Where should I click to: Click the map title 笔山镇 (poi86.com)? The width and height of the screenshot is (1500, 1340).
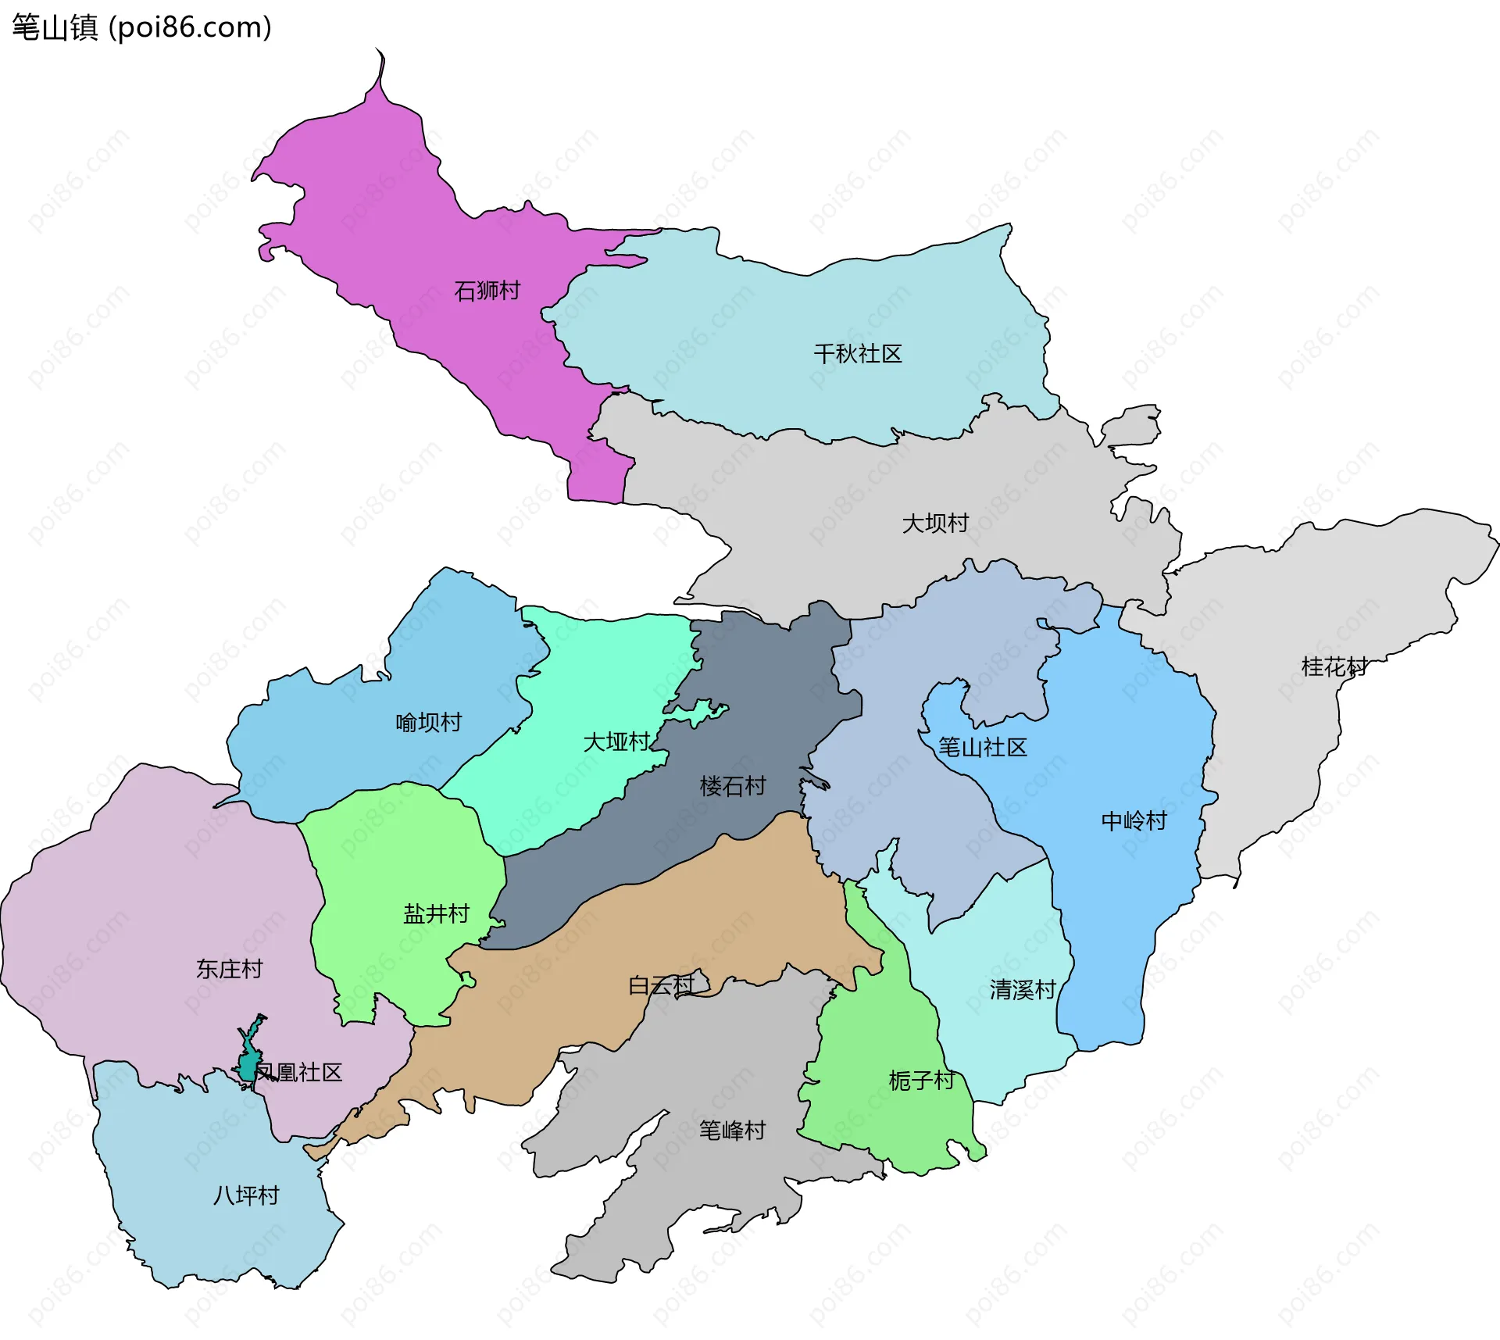[x=141, y=27]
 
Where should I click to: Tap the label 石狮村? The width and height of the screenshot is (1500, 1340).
[x=487, y=291]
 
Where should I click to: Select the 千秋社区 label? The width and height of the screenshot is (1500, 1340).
[x=857, y=354]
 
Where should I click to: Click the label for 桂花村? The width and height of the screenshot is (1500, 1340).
[x=1334, y=666]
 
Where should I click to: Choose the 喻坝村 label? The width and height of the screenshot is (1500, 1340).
[x=428, y=722]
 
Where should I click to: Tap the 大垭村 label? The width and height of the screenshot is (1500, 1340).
[x=616, y=741]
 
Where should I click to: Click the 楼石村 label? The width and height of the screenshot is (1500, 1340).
[x=732, y=786]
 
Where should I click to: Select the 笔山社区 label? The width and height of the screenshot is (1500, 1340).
[x=982, y=748]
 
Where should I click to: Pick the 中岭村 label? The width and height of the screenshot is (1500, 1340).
[x=1133, y=820]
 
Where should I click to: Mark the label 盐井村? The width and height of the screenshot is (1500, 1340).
[x=436, y=913]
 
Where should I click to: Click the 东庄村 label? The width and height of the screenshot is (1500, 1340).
[x=229, y=969]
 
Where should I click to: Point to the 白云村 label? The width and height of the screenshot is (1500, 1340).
[x=661, y=985]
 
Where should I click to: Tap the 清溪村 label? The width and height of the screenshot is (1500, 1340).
[x=1022, y=990]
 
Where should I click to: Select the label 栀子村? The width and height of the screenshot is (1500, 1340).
[x=921, y=1081]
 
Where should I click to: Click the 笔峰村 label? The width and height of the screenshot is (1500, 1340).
[x=732, y=1130]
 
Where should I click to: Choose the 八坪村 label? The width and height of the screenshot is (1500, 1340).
[x=246, y=1195]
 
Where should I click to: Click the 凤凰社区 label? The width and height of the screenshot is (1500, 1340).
[x=299, y=1072]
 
